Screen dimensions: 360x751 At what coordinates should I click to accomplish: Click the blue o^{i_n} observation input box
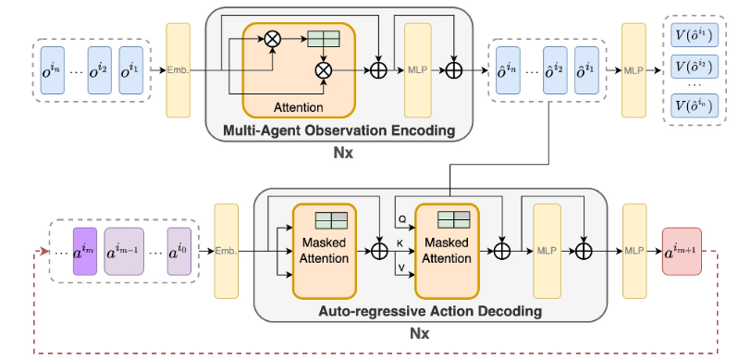[x=52, y=69]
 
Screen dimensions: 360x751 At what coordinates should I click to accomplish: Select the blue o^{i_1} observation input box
[x=133, y=69]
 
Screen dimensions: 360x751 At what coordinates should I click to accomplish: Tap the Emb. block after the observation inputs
[x=178, y=69]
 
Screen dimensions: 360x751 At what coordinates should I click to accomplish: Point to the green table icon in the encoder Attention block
[x=325, y=40]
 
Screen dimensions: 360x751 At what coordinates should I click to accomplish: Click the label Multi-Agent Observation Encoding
[x=339, y=130]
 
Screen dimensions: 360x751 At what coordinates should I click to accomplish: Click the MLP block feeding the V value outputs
[x=634, y=69]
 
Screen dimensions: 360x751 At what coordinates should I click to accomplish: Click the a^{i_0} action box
[x=179, y=251]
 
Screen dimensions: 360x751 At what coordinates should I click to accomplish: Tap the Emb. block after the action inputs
[x=227, y=251]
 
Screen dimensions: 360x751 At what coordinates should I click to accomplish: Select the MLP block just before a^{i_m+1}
[x=634, y=251]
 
